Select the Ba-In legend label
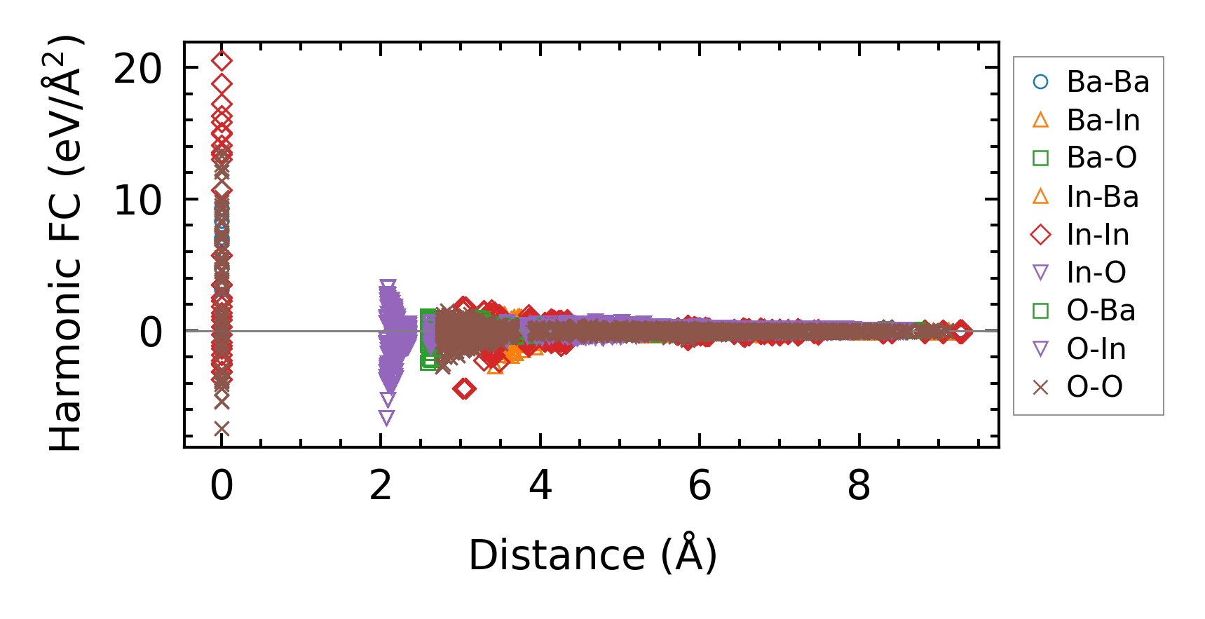point(1103,121)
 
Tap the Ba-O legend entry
point(1101,158)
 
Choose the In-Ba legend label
point(1102,197)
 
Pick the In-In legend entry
point(1098,235)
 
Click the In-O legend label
point(1096,273)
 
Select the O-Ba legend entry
point(1101,311)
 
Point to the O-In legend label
point(1096,349)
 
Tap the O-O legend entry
point(1094,387)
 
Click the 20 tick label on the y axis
point(137,69)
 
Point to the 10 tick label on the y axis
point(137,200)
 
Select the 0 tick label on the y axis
point(151,332)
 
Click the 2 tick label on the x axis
point(381,485)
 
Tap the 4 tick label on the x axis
point(540,485)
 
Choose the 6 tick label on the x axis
point(700,485)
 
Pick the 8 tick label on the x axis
point(859,485)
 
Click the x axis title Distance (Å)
point(592,555)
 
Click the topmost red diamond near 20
point(222,62)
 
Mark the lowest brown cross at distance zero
point(222,428)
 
